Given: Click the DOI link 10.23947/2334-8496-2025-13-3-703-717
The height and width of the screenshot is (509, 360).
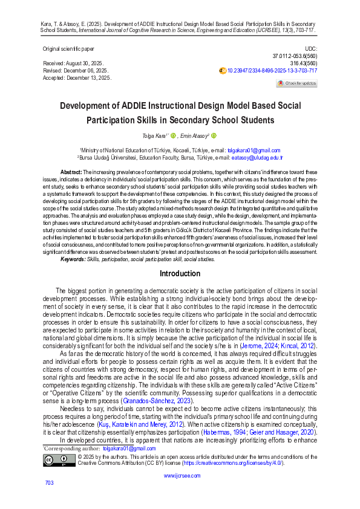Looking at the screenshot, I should (272, 71).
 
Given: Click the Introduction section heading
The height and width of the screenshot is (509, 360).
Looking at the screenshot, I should (180, 274).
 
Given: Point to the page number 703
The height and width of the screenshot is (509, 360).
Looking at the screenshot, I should (50, 482).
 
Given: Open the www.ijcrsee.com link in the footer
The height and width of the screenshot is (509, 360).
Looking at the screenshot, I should (179, 476).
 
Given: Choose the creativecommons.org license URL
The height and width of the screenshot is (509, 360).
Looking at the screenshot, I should (248, 463).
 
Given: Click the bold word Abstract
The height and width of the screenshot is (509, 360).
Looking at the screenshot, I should (72, 173).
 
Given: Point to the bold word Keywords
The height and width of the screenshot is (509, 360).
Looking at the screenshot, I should (73, 259).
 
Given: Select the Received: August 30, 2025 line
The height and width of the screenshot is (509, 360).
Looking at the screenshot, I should (73, 63).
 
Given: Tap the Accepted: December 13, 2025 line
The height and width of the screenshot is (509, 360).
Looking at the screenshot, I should (77, 78).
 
